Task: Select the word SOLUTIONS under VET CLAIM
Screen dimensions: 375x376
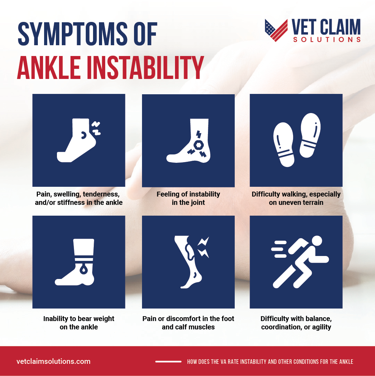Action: (x=327, y=40)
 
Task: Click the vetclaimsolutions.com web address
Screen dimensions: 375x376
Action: (x=53, y=361)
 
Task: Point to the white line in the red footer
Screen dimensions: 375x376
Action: (x=168, y=362)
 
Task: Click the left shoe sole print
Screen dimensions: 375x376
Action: (x=284, y=144)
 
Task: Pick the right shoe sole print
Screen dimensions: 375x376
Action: (x=310, y=135)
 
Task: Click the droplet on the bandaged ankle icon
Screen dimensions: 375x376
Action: (x=83, y=270)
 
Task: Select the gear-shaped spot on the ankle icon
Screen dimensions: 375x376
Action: (x=199, y=145)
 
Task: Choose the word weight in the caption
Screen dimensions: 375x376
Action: (x=103, y=319)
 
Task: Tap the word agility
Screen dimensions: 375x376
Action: (x=322, y=327)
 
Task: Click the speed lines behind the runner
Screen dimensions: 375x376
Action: (x=279, y=249)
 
